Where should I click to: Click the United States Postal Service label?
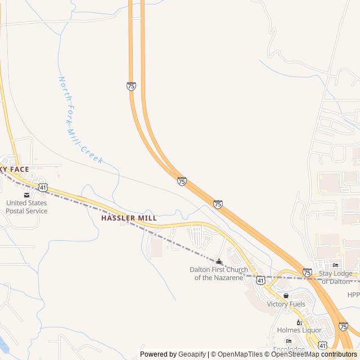[26, 207]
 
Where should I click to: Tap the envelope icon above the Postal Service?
[26, 195]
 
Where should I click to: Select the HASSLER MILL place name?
[129, 217]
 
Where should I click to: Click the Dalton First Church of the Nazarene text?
[219, 273]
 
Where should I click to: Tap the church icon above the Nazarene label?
[219, 261]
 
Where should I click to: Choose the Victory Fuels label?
[286, 304]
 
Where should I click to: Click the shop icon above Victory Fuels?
[286, 295]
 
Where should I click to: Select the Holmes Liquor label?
[299, 330]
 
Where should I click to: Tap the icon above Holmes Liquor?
[299, 322]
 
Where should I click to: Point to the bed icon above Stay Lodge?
[336, 265]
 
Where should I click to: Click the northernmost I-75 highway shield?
[131, 86]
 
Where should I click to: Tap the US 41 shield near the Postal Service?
[43, 186]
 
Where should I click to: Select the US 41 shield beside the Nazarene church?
[260, 280]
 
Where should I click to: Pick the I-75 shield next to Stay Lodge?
[307, 272]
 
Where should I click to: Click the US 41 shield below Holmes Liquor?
[322, 344]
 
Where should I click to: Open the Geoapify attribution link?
[192, 354]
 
